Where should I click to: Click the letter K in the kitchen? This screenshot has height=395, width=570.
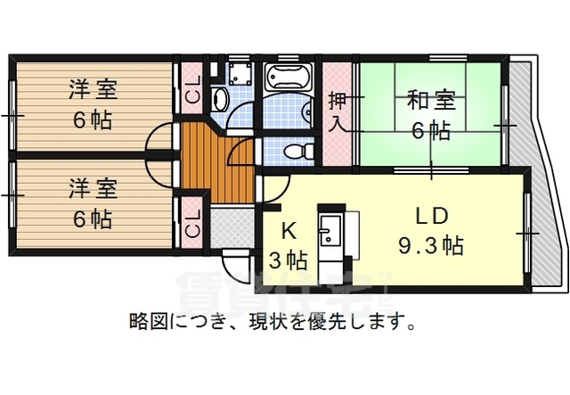tap(288, 230)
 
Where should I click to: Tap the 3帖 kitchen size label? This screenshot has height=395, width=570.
tap(288, 260)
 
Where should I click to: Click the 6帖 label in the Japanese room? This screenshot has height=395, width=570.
tap(429, 129)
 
